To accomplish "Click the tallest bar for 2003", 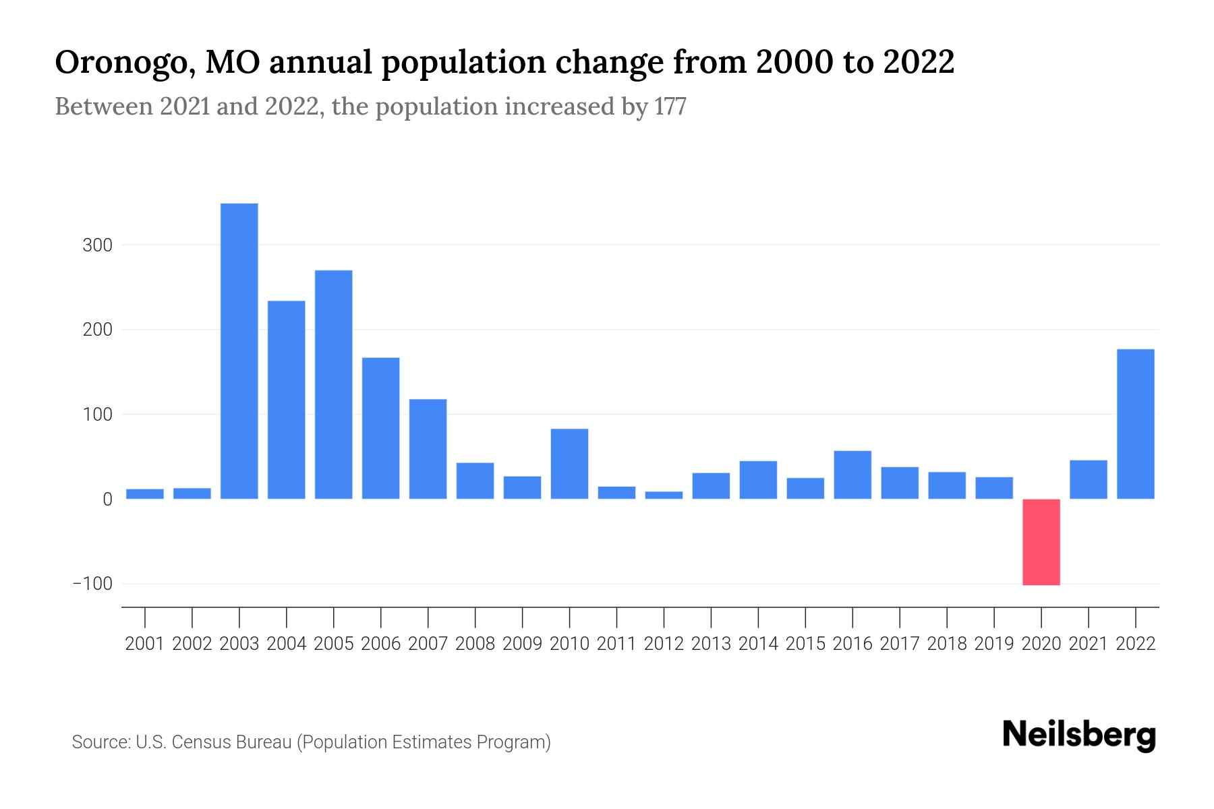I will [239, 351].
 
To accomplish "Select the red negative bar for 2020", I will [1041, 542].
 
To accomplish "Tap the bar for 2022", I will [1136, 424].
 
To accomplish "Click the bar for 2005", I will [334, 384].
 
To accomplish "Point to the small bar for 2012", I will [664, 495].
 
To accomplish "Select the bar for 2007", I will [428, 449].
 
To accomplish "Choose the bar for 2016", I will [852, 475].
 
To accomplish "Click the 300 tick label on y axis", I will [97, 245].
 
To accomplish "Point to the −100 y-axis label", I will [93, 583].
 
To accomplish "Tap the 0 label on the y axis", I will [107, 500].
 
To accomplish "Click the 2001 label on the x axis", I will [145, 644].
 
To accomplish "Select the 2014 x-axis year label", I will [758, 644].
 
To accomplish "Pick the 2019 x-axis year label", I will [994, 644].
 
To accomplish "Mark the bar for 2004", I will [287, 400].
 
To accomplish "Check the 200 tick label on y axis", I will [97, 330].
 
